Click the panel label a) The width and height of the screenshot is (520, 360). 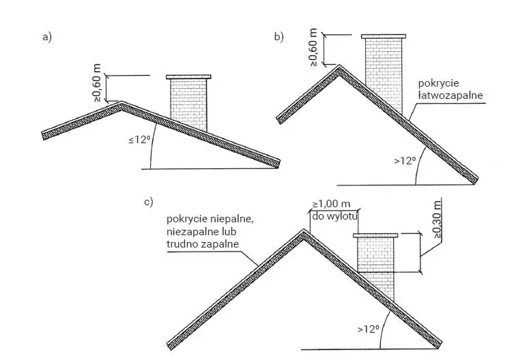(x=47, y=37)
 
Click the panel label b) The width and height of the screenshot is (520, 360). (x=279, y=36)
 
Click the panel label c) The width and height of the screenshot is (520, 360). (x=149, y=202)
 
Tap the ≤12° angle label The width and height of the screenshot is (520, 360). (x=138, y=140)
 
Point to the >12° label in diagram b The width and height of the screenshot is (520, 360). (x=405, y=161)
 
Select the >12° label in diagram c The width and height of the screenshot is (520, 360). (x=369, y=329)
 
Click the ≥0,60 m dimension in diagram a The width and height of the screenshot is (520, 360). (x=97, y=83)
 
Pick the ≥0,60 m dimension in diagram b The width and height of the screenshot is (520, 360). (x=313, y=47)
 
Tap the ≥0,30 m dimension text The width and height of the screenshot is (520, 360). (x=437, y=219)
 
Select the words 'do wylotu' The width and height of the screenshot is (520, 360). (x=334, y=216)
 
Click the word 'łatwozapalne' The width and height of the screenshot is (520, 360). (x=450, y=95)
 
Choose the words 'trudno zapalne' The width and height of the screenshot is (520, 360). (x=203, y=244)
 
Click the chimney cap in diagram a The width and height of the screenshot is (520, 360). (x=188, y=77)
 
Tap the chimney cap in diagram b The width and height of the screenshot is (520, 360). (x=384, y=36)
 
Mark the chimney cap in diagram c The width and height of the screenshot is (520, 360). (x=375, y=235)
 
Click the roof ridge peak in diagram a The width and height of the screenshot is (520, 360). (x=121, y=103)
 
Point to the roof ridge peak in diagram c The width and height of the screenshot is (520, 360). (x=304, y=230)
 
